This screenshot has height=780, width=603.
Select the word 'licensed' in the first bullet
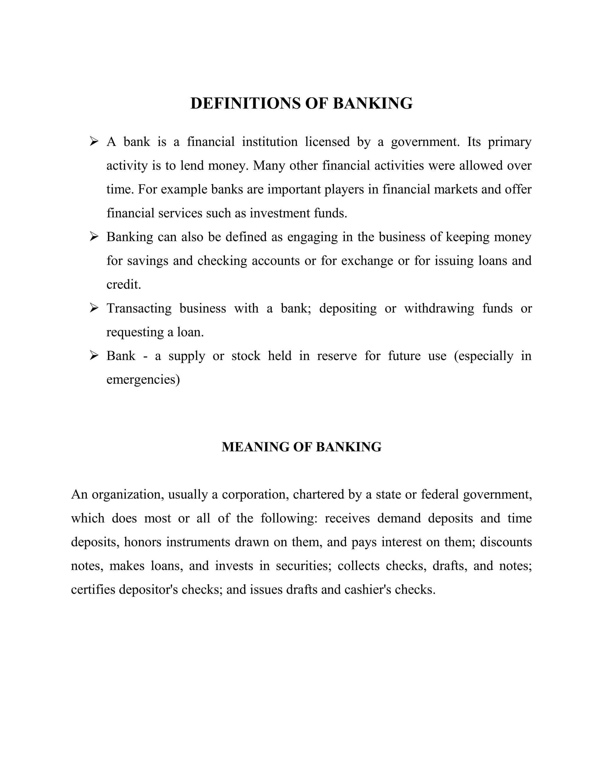tap(327, 142)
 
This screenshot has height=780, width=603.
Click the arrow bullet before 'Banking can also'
tap(94, 237)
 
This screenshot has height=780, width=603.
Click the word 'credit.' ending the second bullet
tap(124, 285)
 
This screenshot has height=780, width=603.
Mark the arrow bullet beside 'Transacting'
tap(94, 308)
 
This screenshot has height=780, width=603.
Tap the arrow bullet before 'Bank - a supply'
tap(94, 355)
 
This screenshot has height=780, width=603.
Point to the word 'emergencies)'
tap(143, 380)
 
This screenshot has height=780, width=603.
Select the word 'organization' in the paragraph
tap(128, 495)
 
